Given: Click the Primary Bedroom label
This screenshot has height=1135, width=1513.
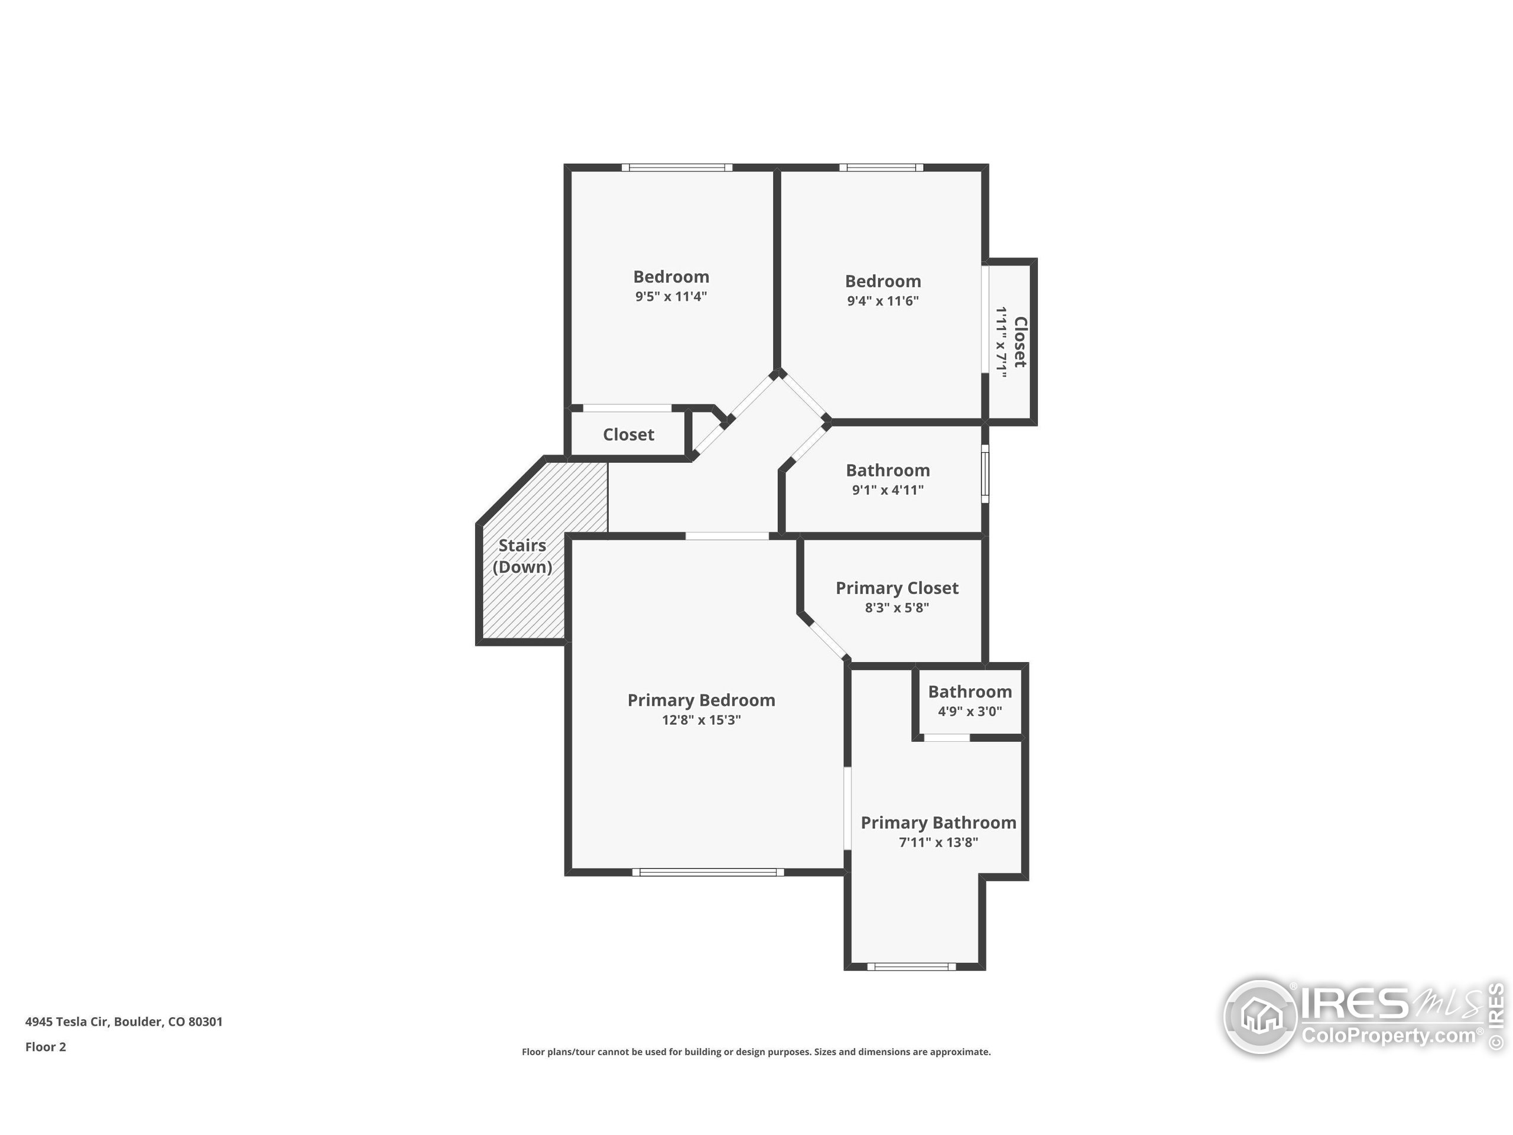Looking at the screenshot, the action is (x=701, y=700).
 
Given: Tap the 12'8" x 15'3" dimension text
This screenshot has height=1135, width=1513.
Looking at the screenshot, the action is (x=701, y=720).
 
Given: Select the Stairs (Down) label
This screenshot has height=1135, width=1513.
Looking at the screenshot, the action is (x=522, y=556).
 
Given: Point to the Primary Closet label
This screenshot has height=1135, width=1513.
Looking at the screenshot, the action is (x=897, y=588).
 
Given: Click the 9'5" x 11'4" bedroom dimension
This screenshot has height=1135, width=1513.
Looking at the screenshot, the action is (x=671, y=296).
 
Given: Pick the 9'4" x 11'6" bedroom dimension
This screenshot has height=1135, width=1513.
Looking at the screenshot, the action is (x=882, y=300).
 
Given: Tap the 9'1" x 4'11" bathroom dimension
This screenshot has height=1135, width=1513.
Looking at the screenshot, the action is (x=887, y=490).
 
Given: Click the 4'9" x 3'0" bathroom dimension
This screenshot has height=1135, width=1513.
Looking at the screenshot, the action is (x=970, y=712).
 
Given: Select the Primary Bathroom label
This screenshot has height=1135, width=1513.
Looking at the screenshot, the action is (x=939, y=822).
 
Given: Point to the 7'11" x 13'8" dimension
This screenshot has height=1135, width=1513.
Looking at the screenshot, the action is (x=939, y=842).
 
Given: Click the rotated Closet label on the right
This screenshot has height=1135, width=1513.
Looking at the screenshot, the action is (x=1020, y=342).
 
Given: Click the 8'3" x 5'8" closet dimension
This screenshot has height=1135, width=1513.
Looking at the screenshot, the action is (x=897, y=608).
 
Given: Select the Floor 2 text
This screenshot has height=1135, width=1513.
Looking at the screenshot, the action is (x=46, y=1047).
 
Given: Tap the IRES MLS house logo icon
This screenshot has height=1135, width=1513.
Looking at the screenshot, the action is (x=1261, y=1017).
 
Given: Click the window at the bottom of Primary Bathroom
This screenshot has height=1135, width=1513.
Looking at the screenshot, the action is (x=912, y=967).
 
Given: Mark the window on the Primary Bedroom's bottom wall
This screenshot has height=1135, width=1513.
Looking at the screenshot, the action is (x=708, y=873).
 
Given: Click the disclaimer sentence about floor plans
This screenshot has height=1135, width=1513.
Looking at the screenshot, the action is (x=756, y=1052).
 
